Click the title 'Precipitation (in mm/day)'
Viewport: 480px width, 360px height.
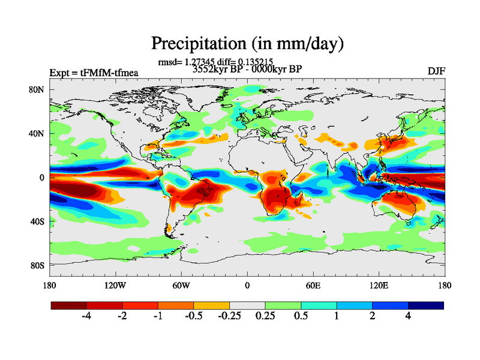point(247,43)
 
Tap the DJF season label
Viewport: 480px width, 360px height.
point(436,71)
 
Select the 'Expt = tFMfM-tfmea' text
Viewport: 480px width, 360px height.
point(94,73)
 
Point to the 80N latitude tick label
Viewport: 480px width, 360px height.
point(39,90)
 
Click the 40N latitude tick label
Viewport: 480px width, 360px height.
point(39,134)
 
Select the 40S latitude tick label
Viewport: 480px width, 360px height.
point(39,221)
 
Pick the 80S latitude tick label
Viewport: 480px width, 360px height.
point(39,265)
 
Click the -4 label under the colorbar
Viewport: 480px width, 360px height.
point(86,316)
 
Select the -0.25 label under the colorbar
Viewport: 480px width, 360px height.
point(229,316)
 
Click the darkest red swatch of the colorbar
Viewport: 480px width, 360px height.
point(69,305)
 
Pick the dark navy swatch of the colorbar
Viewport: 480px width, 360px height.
point(426,305)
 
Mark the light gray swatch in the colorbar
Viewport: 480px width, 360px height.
point(247,305)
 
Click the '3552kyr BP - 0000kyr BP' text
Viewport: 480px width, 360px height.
point(247,69)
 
